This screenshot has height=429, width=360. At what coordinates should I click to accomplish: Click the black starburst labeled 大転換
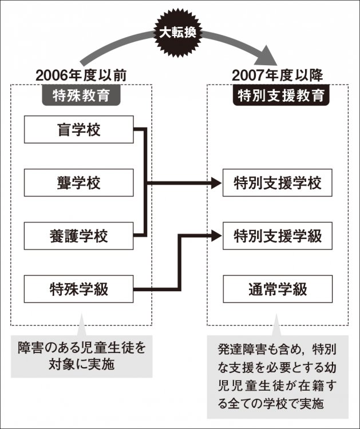(177, 32)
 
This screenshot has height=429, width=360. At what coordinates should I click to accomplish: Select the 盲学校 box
(78, 130)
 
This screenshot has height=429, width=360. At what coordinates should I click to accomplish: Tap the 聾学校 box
(78, 183)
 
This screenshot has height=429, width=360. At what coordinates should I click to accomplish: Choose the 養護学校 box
(78, 236)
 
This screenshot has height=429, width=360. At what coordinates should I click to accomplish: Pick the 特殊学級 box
(78, 289)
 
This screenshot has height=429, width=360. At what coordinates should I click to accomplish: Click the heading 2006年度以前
(81, 76)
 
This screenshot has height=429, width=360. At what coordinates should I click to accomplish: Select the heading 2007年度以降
(278, 76)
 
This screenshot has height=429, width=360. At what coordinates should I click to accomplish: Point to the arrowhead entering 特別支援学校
(215, 183)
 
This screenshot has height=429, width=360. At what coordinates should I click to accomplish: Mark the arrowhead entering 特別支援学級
(215, 233)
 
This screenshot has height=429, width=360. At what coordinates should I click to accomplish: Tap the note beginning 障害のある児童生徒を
(81, 355)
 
